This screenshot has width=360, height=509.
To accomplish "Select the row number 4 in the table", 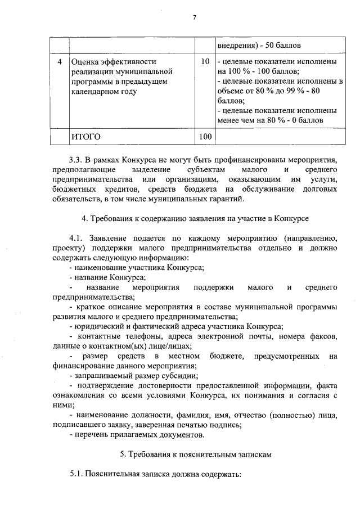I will (x=59, y=61).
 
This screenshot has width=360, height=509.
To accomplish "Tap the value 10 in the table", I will (x=205, y=61).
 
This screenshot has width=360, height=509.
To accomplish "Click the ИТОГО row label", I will (x=85, y=136).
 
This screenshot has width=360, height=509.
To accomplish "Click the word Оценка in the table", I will (x=86, y=61).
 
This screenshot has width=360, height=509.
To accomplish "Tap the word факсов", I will (x=323, y=336).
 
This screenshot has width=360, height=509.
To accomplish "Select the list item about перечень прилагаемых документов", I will (x=134, y=435).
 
